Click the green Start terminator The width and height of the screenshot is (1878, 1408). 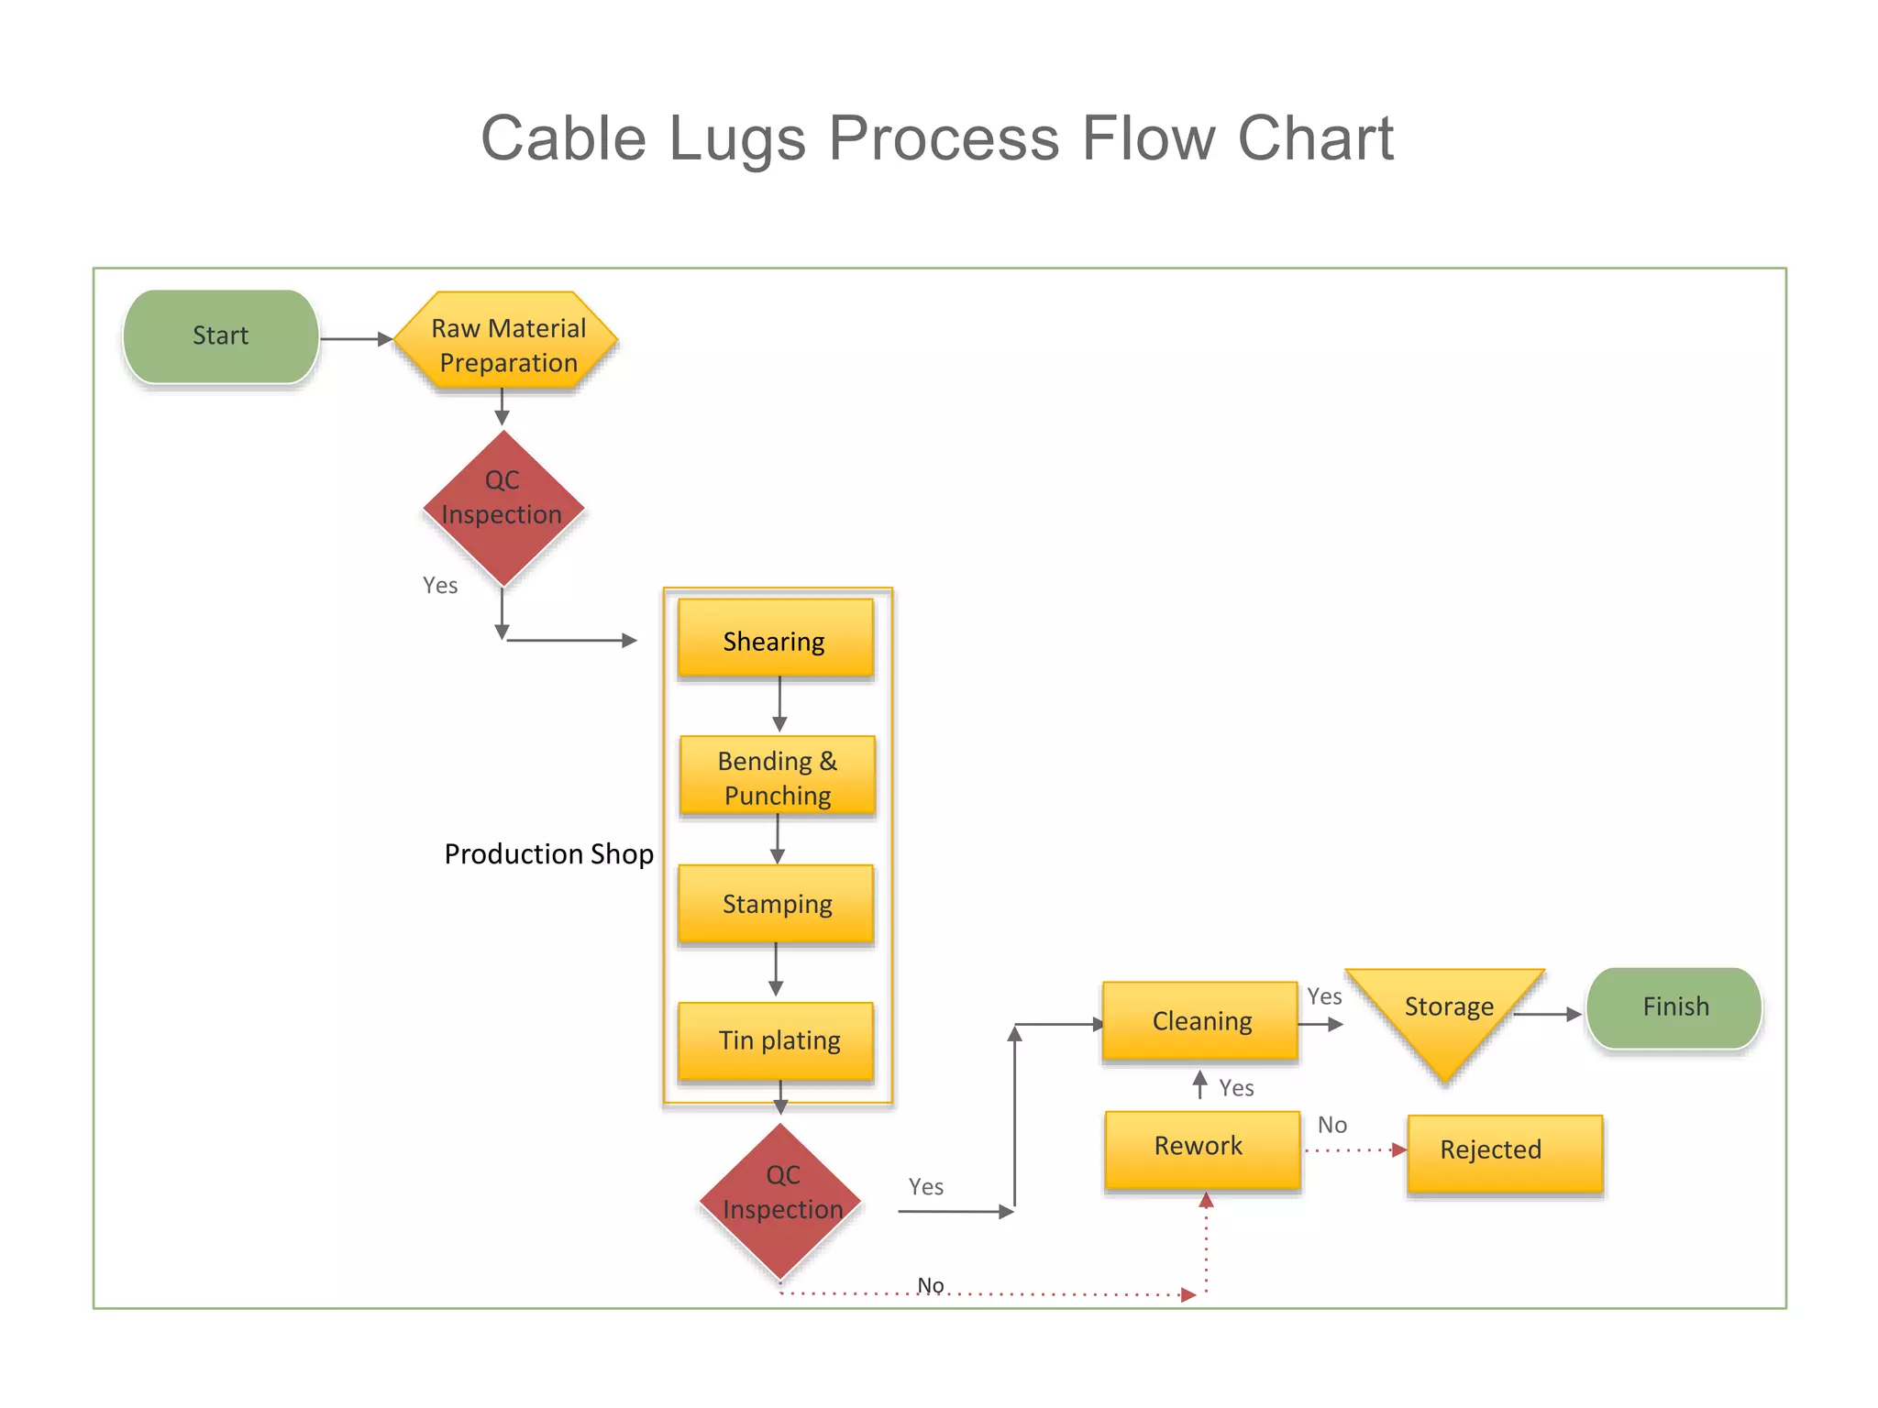(221, 336)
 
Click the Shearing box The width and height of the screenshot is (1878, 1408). (775, 639)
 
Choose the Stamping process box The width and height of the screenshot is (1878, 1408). (776, 904)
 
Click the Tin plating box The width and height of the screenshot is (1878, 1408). (776, 1040)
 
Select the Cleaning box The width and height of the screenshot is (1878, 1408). (1200, 1021)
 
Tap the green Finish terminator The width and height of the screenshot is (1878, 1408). (1674, 1007)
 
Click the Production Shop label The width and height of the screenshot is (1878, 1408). (548, 854)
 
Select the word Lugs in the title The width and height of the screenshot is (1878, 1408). (736, 139)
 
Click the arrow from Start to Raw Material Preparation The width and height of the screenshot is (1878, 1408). (356, 339)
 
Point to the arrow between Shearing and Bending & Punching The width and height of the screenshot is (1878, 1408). (779, 704)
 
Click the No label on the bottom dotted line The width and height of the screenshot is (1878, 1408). (930, 1285)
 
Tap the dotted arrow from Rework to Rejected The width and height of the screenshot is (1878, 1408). (1354, 1149)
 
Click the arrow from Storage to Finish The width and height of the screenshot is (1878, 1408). (1547, 1015)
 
